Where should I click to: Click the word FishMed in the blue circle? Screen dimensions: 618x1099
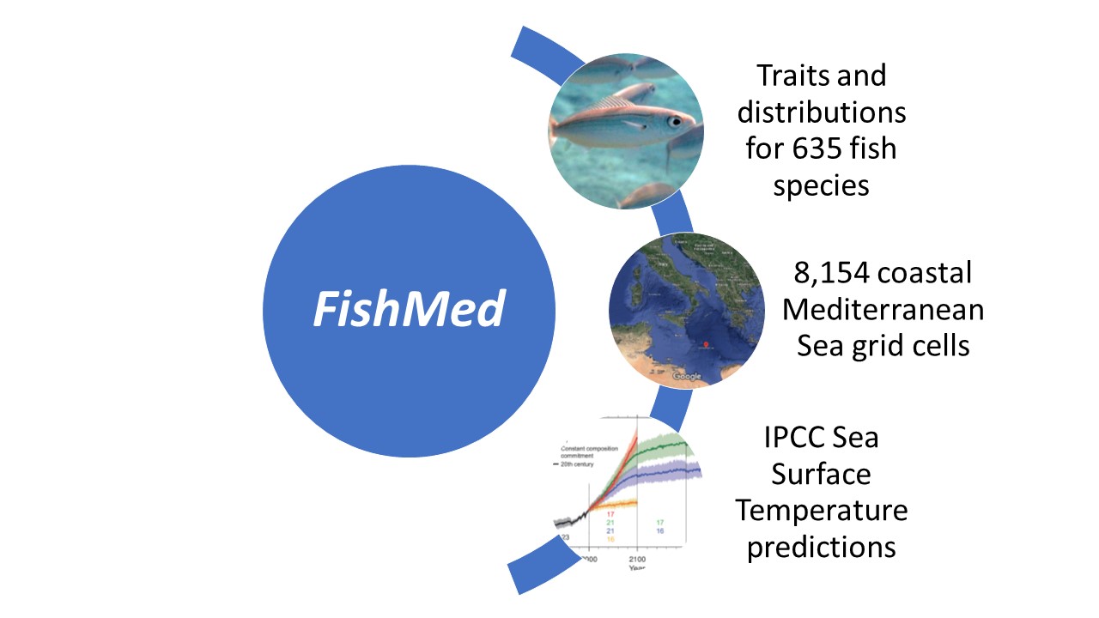tap(407, 309)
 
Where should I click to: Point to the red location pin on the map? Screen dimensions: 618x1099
tap(706, 346)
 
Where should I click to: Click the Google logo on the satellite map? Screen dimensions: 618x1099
tap(686, 376)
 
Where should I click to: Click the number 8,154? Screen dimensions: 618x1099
tap(829, 272)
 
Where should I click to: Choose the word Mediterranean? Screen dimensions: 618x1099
tap(882, 308)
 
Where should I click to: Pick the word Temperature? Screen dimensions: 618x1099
tap(821, 510)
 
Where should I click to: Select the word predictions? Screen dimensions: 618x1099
tap(821, 547)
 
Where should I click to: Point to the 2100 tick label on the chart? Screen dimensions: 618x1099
tap(636, 559)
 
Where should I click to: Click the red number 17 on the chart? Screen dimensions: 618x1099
tap(611, 513)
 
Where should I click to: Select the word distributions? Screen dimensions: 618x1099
tap(822, 112)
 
